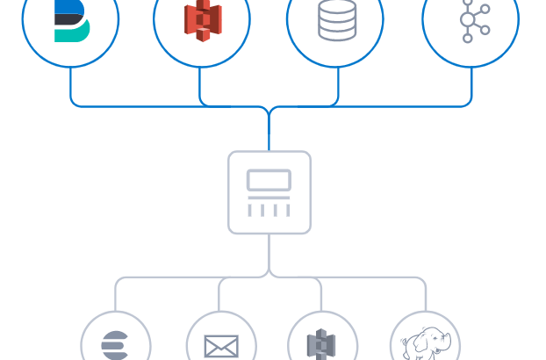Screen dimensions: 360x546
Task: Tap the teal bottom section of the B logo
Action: point(72,33)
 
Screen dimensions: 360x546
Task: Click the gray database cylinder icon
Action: point(337,20)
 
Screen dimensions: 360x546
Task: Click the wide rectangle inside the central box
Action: point(269,180)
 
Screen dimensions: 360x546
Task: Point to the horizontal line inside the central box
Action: point(269,198)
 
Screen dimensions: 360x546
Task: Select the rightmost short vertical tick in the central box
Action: point(287,210)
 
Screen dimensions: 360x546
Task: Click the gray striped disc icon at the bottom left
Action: point(115,345)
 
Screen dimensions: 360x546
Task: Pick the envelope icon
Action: point(221,347)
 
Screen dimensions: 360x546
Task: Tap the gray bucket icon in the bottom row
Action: point(322,345)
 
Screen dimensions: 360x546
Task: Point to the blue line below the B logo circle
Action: point(70,86)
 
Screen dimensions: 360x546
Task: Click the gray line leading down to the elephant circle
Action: point(426,297)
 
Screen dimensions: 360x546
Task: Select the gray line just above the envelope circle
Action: point(219,297)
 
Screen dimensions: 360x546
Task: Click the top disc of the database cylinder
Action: point(337,8)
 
